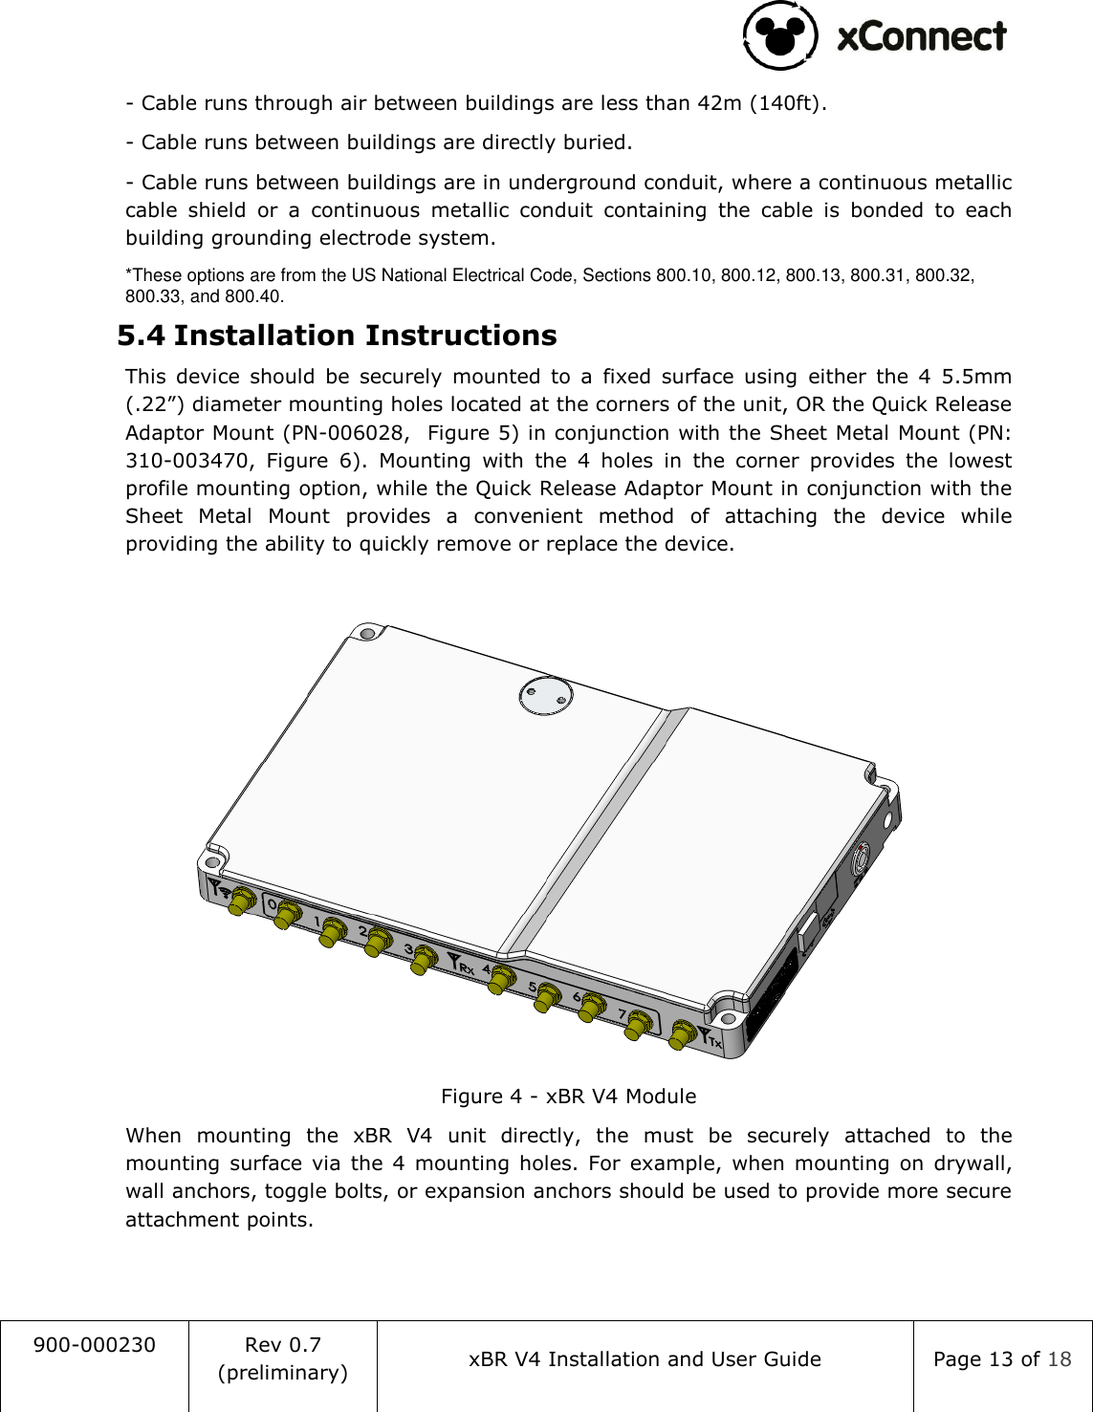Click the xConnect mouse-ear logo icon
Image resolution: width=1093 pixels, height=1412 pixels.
(x=780, y=35)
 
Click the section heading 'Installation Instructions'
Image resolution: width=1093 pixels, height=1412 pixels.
(x=364, y=336)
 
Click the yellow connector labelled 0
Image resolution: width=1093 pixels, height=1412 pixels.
(x=285, y=916)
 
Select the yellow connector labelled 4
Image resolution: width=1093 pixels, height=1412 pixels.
(x=499, y=980)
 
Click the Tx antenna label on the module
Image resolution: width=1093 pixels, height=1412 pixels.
(x=710, y=1038)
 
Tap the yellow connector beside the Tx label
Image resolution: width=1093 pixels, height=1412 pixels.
(x=682, y=1035)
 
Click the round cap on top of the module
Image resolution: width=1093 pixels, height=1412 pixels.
(x=545, y=696)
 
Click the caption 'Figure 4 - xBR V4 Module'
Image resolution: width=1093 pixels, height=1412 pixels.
(x=568, y=1097)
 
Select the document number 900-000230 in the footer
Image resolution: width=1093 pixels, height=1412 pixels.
(x=94, y=1345)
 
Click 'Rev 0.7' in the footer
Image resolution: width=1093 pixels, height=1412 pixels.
(x=283, y=1345)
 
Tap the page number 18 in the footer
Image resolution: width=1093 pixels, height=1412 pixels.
(x=1059, y=1359)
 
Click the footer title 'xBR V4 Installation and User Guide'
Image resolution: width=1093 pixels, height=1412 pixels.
(x=645, y=1359)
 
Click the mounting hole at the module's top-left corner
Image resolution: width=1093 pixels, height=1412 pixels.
(x=364, y=633)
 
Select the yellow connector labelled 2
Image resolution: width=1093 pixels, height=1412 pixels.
(x=377, y=943)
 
